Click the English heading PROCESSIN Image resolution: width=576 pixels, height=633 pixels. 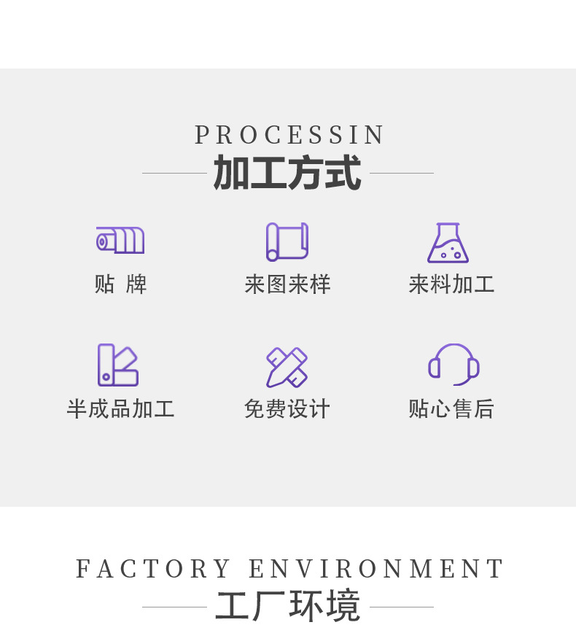(x=289, y=136)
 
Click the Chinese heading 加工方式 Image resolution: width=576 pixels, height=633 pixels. (x=287, y=174)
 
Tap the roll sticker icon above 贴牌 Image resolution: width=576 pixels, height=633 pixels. (x=120, y=240)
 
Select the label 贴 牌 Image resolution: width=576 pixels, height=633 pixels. (x=120, y=284)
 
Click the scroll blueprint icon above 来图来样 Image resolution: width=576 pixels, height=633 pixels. (x=287, y=241)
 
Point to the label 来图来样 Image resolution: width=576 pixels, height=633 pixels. (x=287, y=284)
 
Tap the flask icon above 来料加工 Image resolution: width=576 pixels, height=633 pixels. (x=448, y=242)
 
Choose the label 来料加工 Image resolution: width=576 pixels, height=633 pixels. (x=451, y=284)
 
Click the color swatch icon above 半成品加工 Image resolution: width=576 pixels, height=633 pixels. (x=118, y=365)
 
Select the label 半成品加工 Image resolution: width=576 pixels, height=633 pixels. (x=120, y=409)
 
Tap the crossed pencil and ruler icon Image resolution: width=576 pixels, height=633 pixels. (x=287, y=367)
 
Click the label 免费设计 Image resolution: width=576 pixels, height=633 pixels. (x=287, y=409)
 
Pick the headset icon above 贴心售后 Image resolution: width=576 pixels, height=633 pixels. (x=453, y=364)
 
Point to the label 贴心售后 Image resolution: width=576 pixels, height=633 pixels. (x=451, y=409)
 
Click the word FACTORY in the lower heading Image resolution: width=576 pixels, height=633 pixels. (x=153, y=569)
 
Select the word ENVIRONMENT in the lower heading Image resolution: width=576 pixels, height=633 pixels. (x=376, y=569)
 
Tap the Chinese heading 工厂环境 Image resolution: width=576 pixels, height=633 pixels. (x=288, y=606)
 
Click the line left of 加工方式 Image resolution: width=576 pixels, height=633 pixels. (x=174, y=174)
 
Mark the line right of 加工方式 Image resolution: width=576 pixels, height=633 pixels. (x=402, y=174)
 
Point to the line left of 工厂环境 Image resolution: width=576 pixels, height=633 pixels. (x=174, y=607)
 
